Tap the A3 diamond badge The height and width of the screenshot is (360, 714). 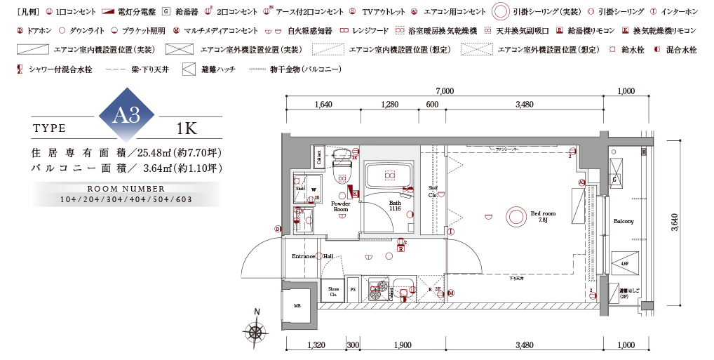(130, 116)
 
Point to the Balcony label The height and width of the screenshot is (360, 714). (624, 221)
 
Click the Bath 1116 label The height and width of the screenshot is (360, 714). (395, 206)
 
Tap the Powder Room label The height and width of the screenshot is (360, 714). (341, 206)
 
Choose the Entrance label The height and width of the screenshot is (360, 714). (303, 256)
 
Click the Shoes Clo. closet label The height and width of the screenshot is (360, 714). (333, 291)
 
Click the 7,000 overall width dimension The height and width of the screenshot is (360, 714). (444, 91)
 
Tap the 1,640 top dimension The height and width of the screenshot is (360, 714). (323, 105)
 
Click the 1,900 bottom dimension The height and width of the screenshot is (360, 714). (403, 345)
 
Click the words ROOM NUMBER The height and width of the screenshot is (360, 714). (126, 189)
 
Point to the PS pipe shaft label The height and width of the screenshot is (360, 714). (353, 289)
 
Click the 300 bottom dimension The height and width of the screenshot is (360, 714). (352, 345)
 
